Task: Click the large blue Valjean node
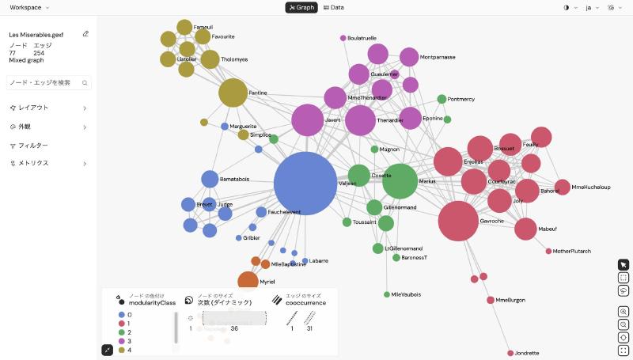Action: (305, 183)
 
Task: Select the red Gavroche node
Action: (458, 221)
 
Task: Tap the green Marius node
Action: (400, 181)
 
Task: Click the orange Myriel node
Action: (248, 281)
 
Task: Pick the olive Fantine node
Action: (233, 93)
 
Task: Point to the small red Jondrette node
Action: (510, 353)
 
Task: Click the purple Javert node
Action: (308, 120)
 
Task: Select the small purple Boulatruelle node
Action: (343, 38)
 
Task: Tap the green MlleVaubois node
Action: (387, 294)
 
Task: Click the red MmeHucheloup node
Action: (562, 188)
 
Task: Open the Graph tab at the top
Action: (301, 8)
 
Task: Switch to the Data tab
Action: (334, 8)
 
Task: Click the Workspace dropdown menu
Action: (28, 8)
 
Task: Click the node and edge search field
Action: (47, 82)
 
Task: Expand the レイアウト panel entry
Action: (47, 108)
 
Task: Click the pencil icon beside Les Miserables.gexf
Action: (85, 34)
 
